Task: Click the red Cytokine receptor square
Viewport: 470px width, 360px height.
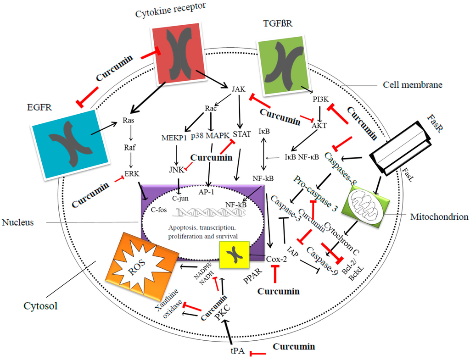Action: [x=177, y=52]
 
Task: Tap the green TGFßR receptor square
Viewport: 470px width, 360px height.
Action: [x=286, y=65]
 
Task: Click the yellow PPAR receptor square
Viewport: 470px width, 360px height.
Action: [x=234, y=254]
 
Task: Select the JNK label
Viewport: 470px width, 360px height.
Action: [x=176, y=170]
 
